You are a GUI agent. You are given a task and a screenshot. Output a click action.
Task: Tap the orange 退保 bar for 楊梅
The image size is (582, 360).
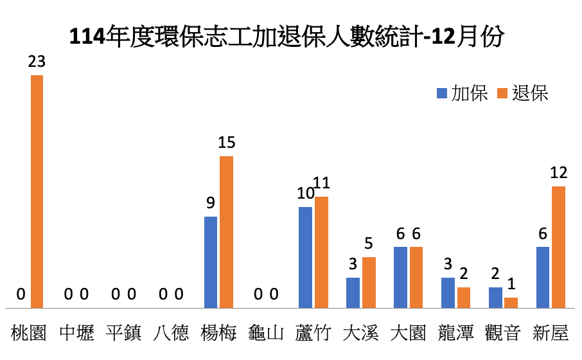pos(226,232)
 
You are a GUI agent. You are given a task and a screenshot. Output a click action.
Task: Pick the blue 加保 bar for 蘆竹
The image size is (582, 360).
pos(306,257)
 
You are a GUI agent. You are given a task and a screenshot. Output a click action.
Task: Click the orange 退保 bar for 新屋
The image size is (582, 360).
pos(559,247)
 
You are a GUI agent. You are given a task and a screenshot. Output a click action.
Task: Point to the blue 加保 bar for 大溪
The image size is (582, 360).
pos(353,292)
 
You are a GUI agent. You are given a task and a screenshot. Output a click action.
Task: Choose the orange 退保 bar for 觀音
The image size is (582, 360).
pos(511,303)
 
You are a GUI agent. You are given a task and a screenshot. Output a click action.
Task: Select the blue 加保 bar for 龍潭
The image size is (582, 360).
pos(448,292)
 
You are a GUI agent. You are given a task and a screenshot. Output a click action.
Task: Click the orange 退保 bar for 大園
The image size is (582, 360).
pos(416,277)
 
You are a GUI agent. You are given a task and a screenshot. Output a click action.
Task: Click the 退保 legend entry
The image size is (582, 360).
pos(523,93)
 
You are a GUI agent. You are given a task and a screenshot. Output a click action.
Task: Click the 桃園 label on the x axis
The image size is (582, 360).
pos(29,333)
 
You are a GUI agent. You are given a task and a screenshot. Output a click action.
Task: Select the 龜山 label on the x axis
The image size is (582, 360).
pos(266,333)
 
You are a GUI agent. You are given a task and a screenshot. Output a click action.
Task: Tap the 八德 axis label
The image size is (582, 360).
pos(172,333)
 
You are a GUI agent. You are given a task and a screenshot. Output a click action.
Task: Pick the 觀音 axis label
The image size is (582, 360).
pos(503,333)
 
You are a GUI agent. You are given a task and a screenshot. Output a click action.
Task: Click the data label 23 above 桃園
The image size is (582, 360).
pos(37,62)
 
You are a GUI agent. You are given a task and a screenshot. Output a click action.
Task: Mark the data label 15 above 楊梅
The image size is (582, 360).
pos(226,143)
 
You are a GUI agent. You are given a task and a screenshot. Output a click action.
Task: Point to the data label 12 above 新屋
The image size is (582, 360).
pos(559,173)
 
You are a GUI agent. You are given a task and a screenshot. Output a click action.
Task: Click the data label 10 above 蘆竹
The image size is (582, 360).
pos(305,194)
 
